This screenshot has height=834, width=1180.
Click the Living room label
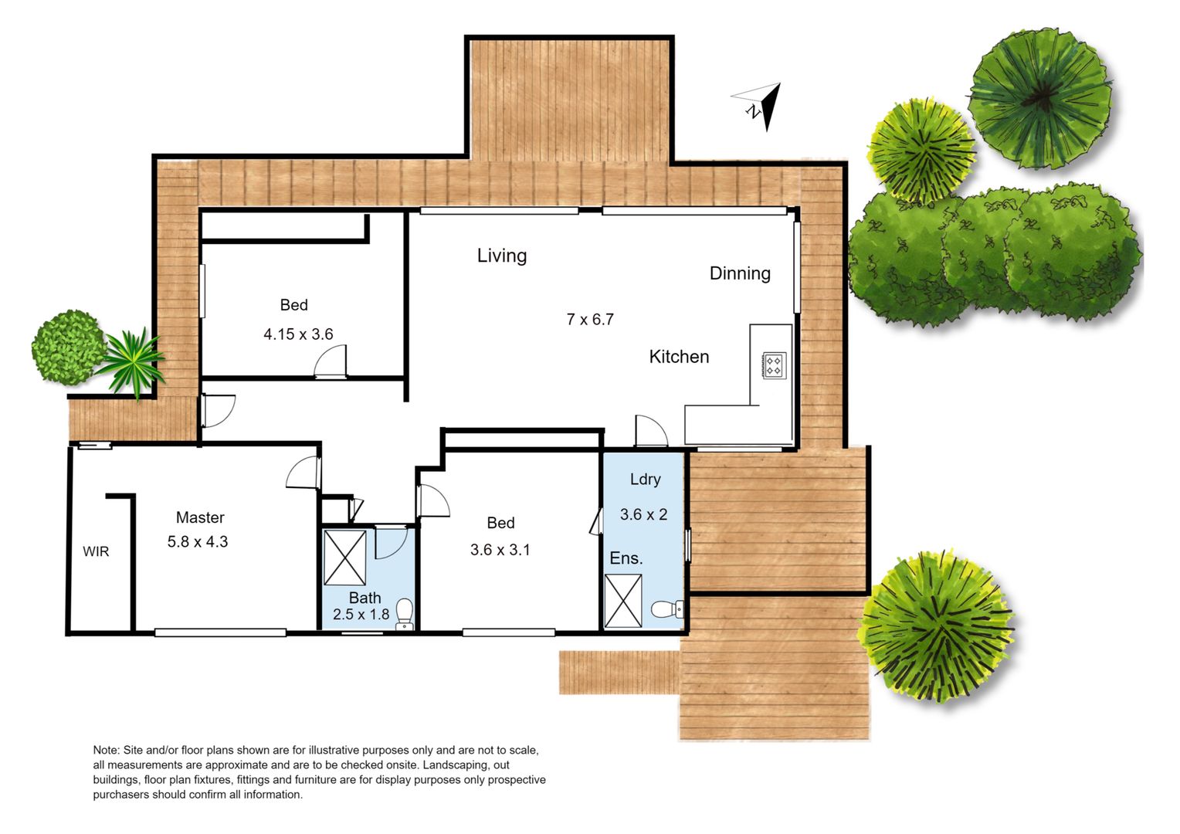coord(501,256)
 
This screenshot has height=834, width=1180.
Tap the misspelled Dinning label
coord(740,273)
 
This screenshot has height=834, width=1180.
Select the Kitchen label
coord(679,357)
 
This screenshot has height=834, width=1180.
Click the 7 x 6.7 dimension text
coord(590,319)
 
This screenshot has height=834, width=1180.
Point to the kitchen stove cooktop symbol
coord(773,365)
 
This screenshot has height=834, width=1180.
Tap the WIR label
coord(96,551)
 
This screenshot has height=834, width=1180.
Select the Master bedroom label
coord(200,517)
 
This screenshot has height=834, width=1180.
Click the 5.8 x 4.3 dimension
coord(198,541)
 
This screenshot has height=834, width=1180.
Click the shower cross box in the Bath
coord(344,558)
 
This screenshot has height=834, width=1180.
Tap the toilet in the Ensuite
coord(667,609)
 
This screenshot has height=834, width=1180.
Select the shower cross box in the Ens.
coord(623,601)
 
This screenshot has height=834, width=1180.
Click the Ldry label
coord(646,480)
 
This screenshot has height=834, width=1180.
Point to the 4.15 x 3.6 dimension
coord(298,334)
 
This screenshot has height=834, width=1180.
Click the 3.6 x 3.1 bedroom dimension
coord(500,550)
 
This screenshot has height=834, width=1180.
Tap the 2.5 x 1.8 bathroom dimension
coord(361,615)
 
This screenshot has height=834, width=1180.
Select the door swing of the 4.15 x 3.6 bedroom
coord(331,362)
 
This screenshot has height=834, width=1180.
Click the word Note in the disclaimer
coord(106,751)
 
